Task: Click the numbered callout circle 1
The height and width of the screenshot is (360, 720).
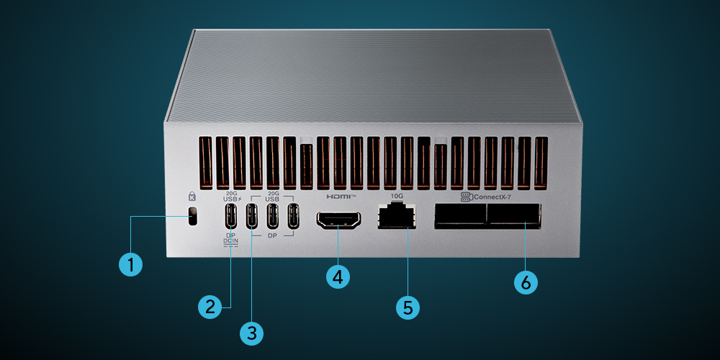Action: click(x=130, y=264)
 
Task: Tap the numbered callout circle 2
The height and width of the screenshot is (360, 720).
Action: click(x=210, y=306)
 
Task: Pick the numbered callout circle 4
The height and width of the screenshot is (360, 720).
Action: click(x=338, y=276)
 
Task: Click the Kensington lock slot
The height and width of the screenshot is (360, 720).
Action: click(x=192, y=216)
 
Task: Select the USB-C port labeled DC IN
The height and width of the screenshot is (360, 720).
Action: click(x=231, y=215)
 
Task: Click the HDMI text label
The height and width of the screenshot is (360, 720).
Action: click(x=340, y=196)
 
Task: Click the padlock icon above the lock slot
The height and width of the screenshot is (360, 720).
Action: click(x=192, y=196)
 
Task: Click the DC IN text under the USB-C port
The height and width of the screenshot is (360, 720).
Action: click(x=232, y=243)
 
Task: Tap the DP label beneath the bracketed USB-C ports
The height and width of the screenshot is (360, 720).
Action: click(x=272, y=235)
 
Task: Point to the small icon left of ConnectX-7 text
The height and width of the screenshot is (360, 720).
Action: click(x=466, y=196)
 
